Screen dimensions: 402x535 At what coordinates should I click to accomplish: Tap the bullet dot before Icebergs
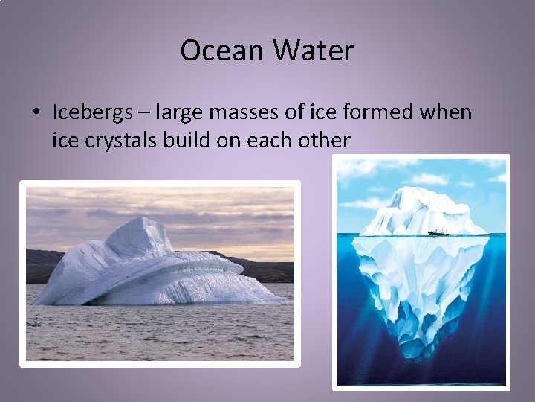coord(36,113)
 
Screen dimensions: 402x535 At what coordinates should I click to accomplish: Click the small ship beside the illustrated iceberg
coord(438,233)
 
